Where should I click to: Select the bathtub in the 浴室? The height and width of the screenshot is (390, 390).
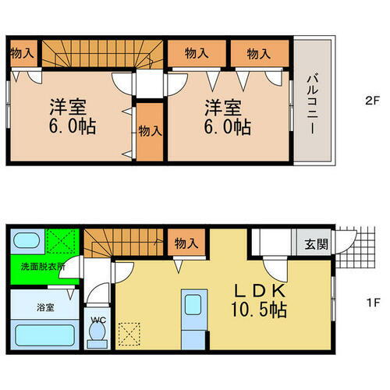[x=43, y=338]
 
